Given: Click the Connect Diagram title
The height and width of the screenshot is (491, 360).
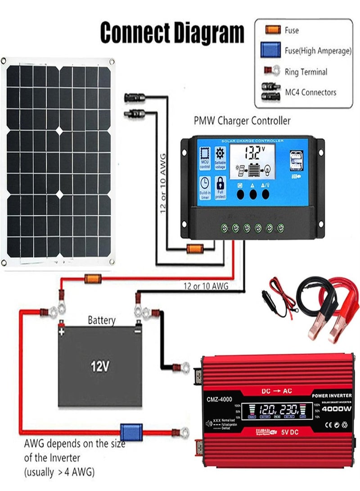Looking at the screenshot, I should click(172, 32).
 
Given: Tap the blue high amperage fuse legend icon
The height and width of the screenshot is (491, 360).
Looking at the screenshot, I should click(270, 51).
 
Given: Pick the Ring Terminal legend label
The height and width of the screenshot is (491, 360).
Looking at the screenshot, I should click(306, 72).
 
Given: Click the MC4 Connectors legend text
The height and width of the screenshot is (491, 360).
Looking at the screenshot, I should click(310, 92).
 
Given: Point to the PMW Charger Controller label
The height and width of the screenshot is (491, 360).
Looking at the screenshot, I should click(242, 121).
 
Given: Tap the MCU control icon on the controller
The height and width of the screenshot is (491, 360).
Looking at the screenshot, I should click(205, 158).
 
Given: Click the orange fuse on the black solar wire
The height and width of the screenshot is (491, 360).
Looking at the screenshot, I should click(195, 247).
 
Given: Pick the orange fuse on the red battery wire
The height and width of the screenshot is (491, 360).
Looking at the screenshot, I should click(93, 279).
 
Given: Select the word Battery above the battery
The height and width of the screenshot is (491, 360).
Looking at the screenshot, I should click(101, 320).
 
